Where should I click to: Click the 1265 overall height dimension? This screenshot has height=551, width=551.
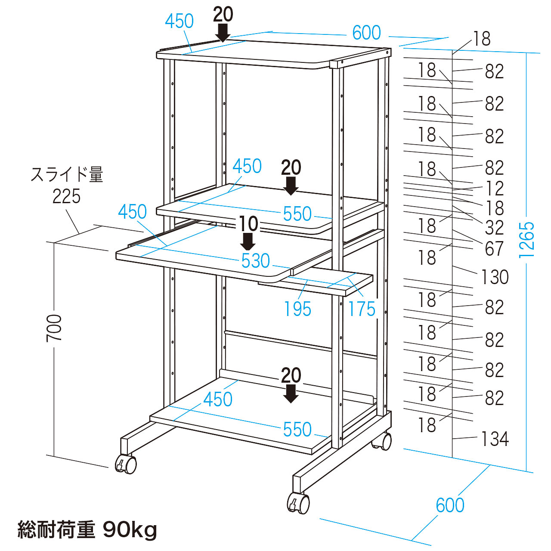527,240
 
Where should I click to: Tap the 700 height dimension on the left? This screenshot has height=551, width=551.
55,328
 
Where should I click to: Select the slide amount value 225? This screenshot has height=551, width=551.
67,196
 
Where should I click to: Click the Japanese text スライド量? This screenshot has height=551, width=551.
67,175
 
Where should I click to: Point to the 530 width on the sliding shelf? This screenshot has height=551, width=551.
256,261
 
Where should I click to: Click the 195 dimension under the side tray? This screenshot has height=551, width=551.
297,309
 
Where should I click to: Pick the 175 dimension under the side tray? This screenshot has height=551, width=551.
362,309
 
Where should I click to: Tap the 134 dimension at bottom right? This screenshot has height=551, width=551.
495,439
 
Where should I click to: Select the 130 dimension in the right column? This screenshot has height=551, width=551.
495,277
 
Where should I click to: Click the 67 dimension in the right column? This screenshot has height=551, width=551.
494,248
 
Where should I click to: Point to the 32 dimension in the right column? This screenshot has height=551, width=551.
494,228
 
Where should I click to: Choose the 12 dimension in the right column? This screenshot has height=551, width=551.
494,189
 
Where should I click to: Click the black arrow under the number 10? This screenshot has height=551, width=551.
248,241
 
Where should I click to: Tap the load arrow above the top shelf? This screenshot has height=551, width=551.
223,33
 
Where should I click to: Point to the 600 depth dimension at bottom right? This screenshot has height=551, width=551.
450,505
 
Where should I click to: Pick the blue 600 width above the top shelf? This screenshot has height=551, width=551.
366,33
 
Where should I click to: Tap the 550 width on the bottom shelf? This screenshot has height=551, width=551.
297,429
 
